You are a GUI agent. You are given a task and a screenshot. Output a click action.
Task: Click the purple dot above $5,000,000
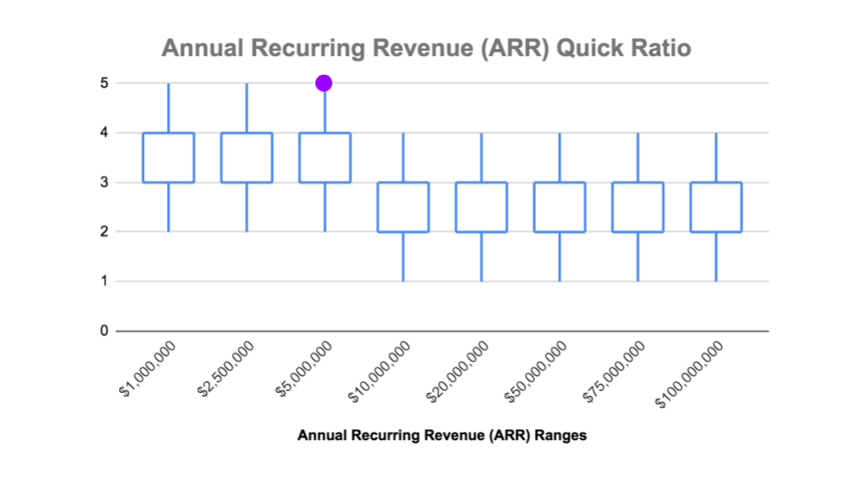[324, 83]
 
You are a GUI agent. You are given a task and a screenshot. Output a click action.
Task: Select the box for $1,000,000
[169, 157]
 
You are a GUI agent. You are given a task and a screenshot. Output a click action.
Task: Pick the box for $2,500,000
[246, 157]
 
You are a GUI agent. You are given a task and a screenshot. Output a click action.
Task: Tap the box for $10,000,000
[403, 207]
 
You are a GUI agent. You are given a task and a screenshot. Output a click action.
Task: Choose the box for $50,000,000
[560, 207]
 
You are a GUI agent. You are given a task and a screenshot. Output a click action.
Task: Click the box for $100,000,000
[716, 207]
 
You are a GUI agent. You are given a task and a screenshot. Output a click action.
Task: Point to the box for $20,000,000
[482, 207]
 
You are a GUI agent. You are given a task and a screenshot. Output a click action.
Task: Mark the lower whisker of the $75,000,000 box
[638, 257]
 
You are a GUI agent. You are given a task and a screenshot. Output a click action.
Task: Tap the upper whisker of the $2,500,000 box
[246, 108]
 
